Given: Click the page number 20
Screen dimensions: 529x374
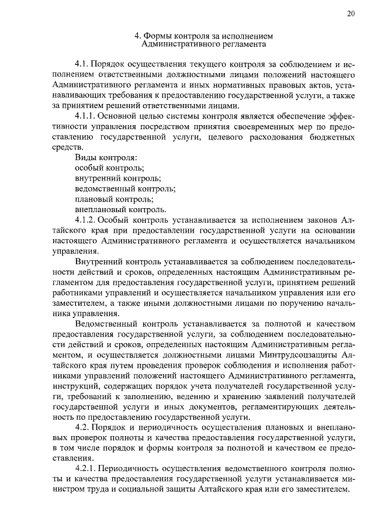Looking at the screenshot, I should pyautogui.click(x=350, y=15).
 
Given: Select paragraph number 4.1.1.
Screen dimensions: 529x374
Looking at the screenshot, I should pyautogui.click(x=88, y=116).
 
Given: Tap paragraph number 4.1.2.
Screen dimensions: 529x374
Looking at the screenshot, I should pyautogui.click(x=88, y=220).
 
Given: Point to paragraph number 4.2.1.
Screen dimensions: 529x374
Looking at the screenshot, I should pyautogui.click(x=88, y=469).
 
